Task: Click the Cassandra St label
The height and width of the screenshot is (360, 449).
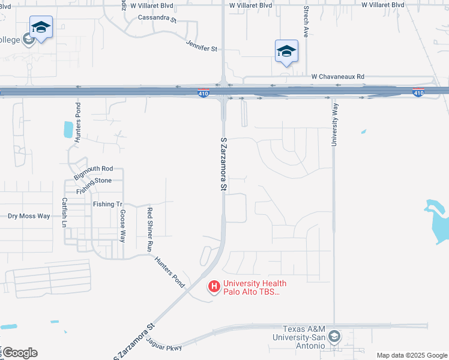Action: [x=157, y=19]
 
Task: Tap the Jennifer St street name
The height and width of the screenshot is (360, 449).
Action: [x=201, y=45]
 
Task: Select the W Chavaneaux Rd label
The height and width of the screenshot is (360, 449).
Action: [x=337, y=77]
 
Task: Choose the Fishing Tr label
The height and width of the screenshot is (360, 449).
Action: [x=107, y=204]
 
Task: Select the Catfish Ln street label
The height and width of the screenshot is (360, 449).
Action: [x=65, y=212]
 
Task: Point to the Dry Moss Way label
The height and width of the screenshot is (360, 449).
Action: [x=29, y=216]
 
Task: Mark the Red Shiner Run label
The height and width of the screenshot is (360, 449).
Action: [x=150, y=229]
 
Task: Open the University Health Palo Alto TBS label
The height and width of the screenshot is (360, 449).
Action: [x=255, y=288]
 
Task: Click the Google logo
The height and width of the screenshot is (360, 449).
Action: [x=20, y=353]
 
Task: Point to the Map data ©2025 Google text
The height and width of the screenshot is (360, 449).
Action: [x=411, y=355]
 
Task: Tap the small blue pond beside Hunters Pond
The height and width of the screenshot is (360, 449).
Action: [x=68, y=128]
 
